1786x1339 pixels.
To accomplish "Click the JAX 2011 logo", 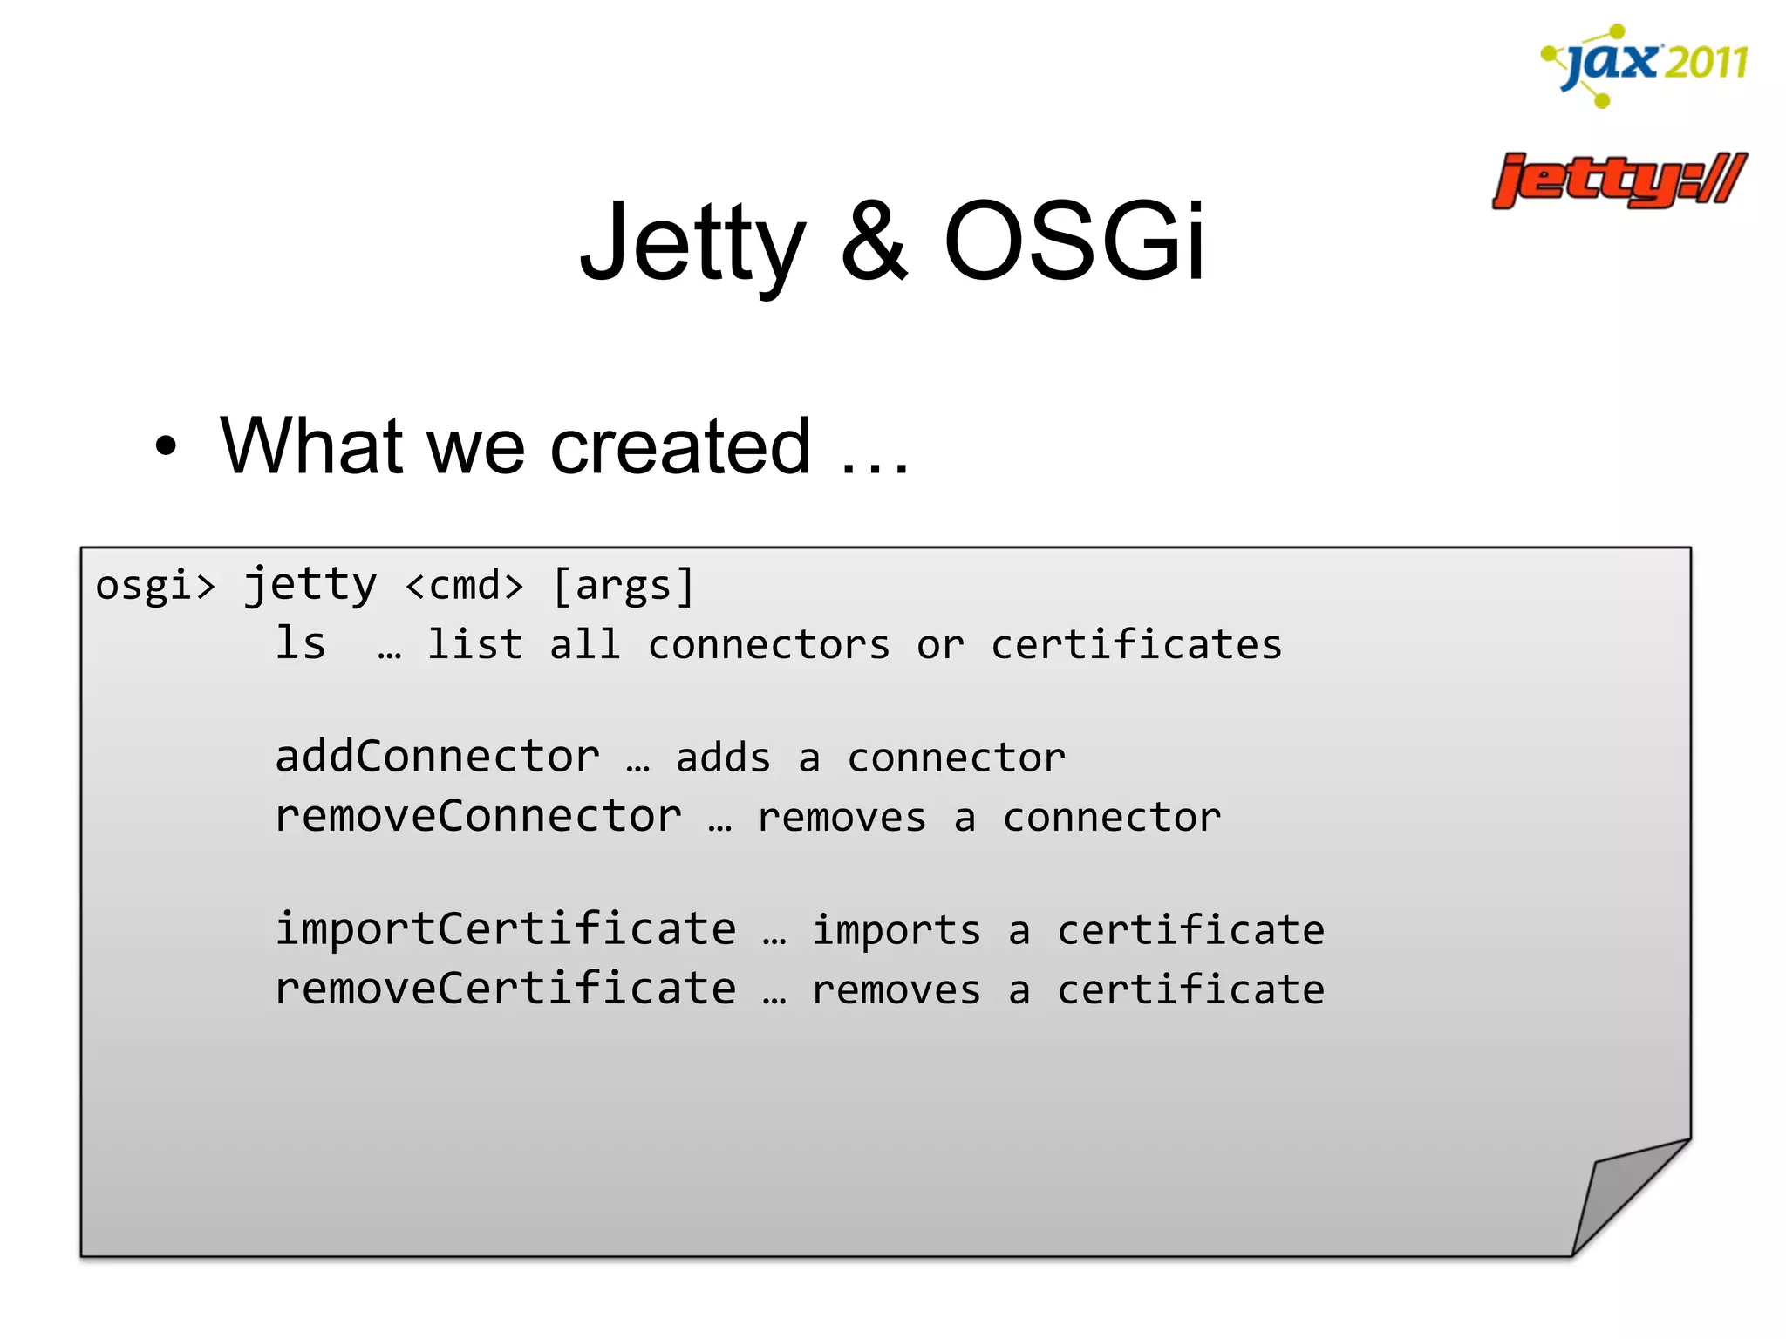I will point(1645,65).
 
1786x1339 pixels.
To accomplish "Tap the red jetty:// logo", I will point(1619,180).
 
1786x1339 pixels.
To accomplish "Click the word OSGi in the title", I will point(1074,241).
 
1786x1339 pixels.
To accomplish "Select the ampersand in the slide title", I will point(874,242).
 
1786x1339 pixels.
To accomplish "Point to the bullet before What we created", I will point(165,447).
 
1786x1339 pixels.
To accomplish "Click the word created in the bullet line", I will point(680,446).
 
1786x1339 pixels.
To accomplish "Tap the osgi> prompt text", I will point(155,585).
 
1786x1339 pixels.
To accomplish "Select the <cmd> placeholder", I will point(465,585).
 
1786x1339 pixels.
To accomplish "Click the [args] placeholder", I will point(624,585).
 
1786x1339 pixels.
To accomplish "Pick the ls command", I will point(301,644).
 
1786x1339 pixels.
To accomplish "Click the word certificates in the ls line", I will point(1135,645).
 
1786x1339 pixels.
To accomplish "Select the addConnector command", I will point(437,757).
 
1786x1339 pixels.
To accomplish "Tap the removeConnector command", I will point(478,817).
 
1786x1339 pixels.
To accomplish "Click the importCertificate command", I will point(506,929).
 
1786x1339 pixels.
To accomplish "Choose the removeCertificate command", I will point(506,989).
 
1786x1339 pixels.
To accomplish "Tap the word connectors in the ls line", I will point(768,645).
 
